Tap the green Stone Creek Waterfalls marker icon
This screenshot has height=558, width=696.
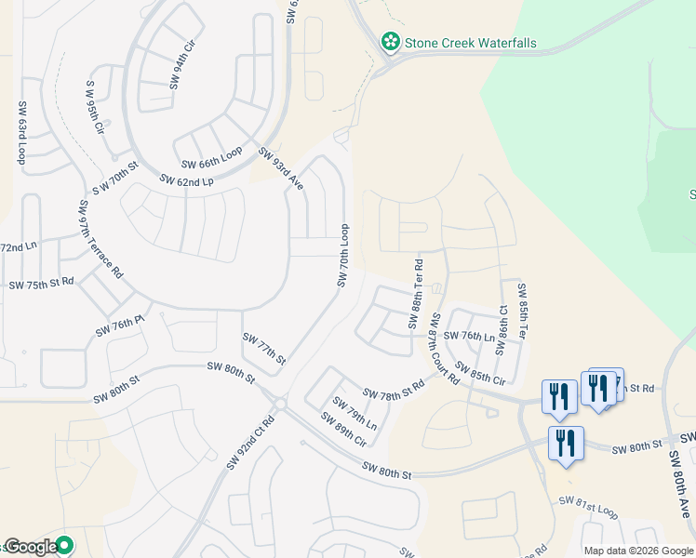coord(390,42)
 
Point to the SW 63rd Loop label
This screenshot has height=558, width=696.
coord(21,132)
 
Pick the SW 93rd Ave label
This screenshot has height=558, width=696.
coord(281,169)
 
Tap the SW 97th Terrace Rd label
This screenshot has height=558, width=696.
coord(100,239)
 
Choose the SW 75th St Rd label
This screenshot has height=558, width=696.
coord(41,282)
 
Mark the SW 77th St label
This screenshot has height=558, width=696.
coord(263,348)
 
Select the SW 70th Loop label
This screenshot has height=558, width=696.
coord(343,254)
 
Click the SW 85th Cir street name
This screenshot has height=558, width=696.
coord(479,373)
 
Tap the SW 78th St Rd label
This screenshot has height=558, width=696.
coord(394,392)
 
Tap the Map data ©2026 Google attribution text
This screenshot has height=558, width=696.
coord(636,550)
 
